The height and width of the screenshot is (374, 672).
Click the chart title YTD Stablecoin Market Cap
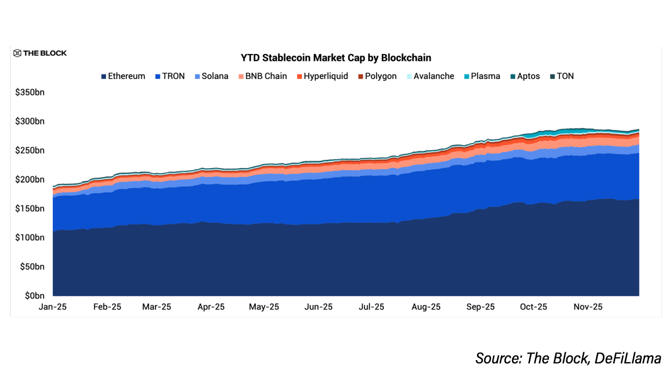(x=335, y=57)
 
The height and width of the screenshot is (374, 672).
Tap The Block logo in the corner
(x=40, y=53)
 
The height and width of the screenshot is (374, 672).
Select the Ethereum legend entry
(x=123, y=76)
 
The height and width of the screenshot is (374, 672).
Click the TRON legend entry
(x=169, y=76)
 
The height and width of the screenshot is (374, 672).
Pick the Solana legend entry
(x=211, y=76)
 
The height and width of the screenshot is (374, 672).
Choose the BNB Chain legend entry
(x=262, y=76)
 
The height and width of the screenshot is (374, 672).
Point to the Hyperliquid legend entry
(x=322, y=76)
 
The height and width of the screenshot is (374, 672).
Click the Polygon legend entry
(x=377, y=76)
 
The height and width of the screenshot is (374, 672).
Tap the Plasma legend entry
(x=481, y=76)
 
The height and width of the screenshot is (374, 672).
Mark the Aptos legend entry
(x=524, y=76)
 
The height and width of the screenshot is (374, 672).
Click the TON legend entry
(x=562, y=76)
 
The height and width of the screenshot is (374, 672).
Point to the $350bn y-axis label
(x=30, y=92)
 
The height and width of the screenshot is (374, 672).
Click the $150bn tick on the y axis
(x=30, y=208)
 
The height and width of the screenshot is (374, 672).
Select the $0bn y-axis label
(x=33, y=296)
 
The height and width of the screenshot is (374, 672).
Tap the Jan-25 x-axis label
(x=52, y=307)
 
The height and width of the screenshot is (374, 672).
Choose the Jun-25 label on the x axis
(x=319, y=307)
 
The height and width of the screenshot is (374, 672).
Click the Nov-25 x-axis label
(x=588, y=307)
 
